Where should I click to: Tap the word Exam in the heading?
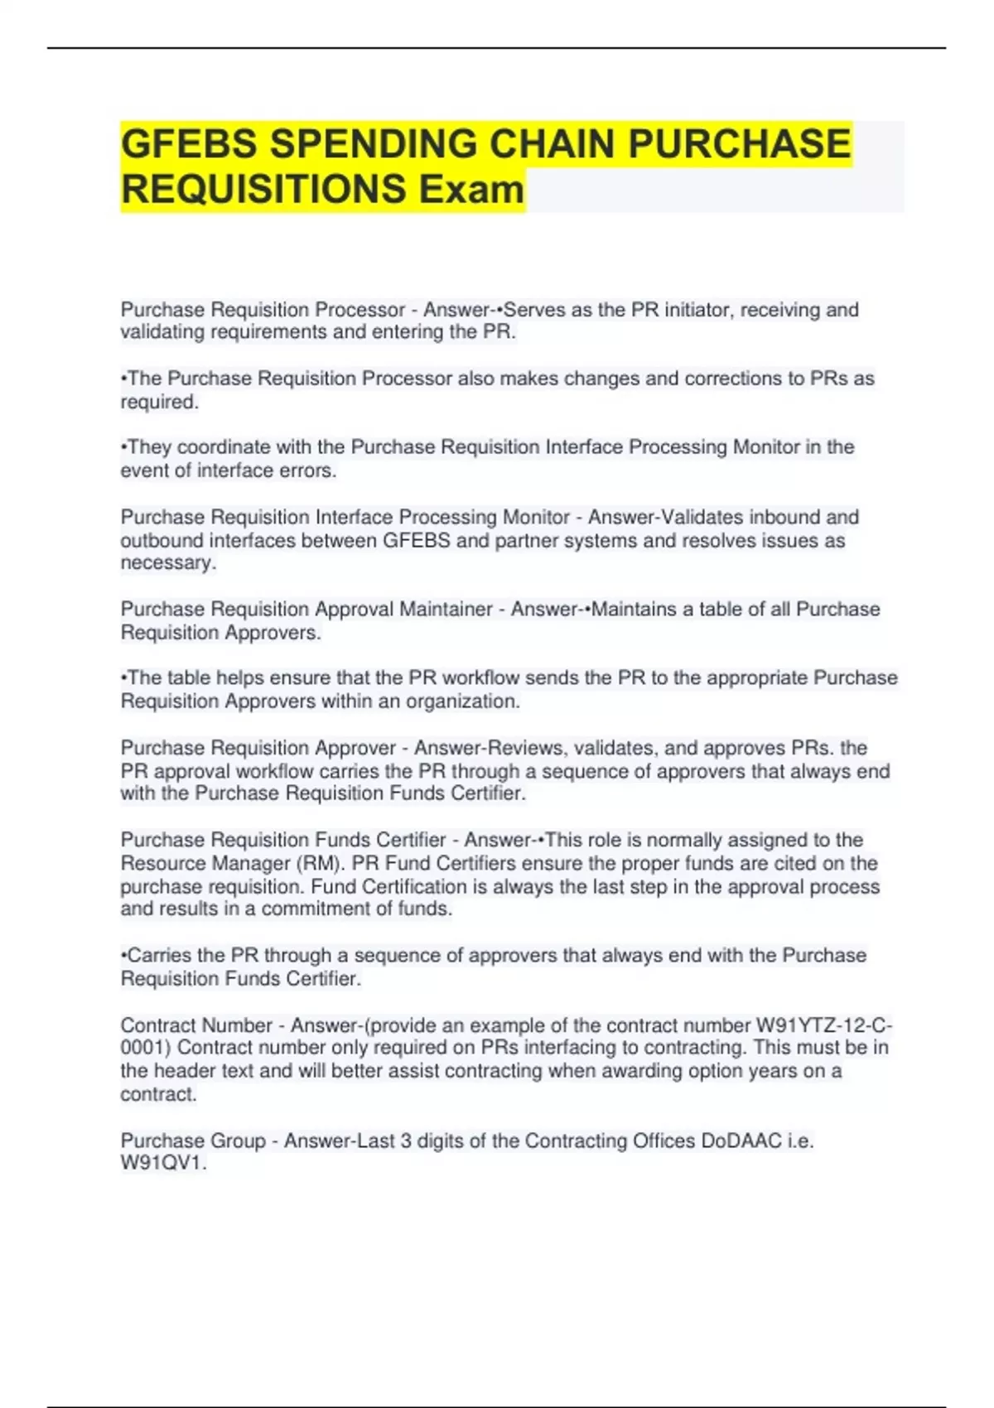471,190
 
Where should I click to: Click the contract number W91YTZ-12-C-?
824,1025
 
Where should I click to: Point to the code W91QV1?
162,1164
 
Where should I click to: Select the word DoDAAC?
741,1140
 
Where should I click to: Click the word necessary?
167,563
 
